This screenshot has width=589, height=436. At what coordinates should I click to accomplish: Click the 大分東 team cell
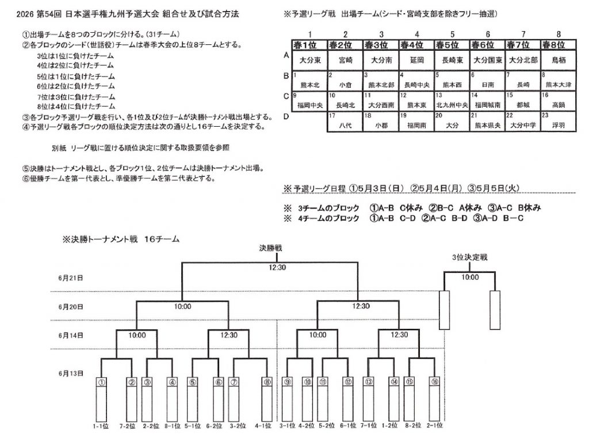310,59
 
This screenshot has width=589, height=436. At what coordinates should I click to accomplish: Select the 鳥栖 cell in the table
558,59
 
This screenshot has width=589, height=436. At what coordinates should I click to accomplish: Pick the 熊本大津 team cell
558,84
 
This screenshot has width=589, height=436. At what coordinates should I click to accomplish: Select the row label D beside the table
287,116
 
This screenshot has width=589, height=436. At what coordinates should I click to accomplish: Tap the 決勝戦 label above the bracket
271,248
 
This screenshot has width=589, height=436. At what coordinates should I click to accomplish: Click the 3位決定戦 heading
470,257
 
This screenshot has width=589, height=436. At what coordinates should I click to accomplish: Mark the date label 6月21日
70,278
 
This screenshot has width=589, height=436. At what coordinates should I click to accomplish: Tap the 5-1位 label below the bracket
193,426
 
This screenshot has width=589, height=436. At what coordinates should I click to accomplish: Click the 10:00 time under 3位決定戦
470,278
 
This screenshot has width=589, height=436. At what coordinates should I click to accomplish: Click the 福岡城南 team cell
487,105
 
